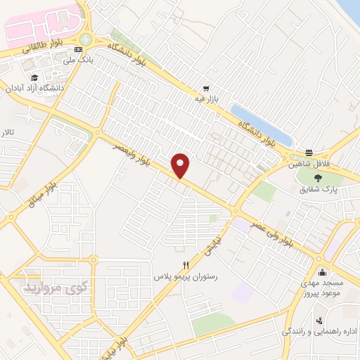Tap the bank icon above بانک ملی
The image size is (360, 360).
pyautogui.click(x=77, y=49)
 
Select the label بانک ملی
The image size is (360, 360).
pyautogui.click(x=78, y=60)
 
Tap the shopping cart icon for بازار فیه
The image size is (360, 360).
pyautogui.click(x=206, y=89)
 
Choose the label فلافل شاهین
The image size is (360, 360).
pyautogui.click(x=309, y=165)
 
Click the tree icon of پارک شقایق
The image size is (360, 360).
pyautogui.click(x=320, y=177)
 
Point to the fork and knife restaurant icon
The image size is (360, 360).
pyautogui.click(x=186, y=265)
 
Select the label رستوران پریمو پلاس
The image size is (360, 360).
pyautogui.click(x=186, y=276)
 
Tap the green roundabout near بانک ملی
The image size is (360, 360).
pyautogui.click(x=86, y=39)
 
